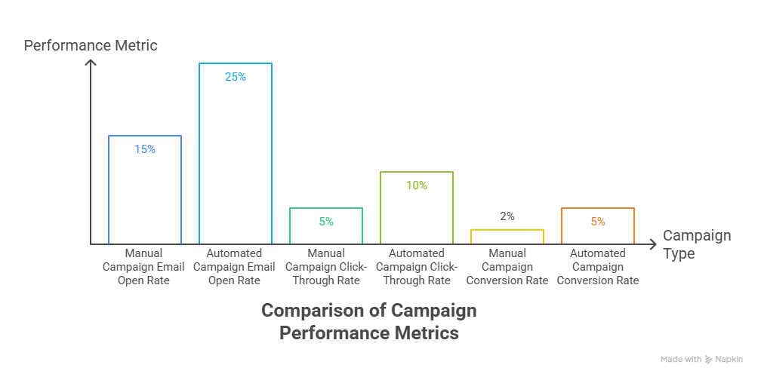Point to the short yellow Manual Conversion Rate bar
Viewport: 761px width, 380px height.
coord(507,236)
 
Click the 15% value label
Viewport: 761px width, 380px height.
coord(145,149)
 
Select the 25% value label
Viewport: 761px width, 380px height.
coord(236,77)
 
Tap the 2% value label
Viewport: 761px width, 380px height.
coord(507,216)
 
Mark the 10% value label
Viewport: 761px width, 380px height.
coord(417,185)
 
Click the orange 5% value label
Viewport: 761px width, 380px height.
coord(598,222)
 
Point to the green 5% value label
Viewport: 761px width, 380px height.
coord(326,222)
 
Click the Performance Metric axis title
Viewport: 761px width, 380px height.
coord(91,45)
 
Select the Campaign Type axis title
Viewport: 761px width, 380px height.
coord(696,244)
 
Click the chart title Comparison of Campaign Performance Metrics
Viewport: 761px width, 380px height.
coord(369,321)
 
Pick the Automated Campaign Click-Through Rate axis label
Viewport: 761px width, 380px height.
coord(417,267)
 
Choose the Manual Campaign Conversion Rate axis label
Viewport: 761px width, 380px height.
coord(507,267)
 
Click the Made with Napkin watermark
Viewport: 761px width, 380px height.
coord(701,360)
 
